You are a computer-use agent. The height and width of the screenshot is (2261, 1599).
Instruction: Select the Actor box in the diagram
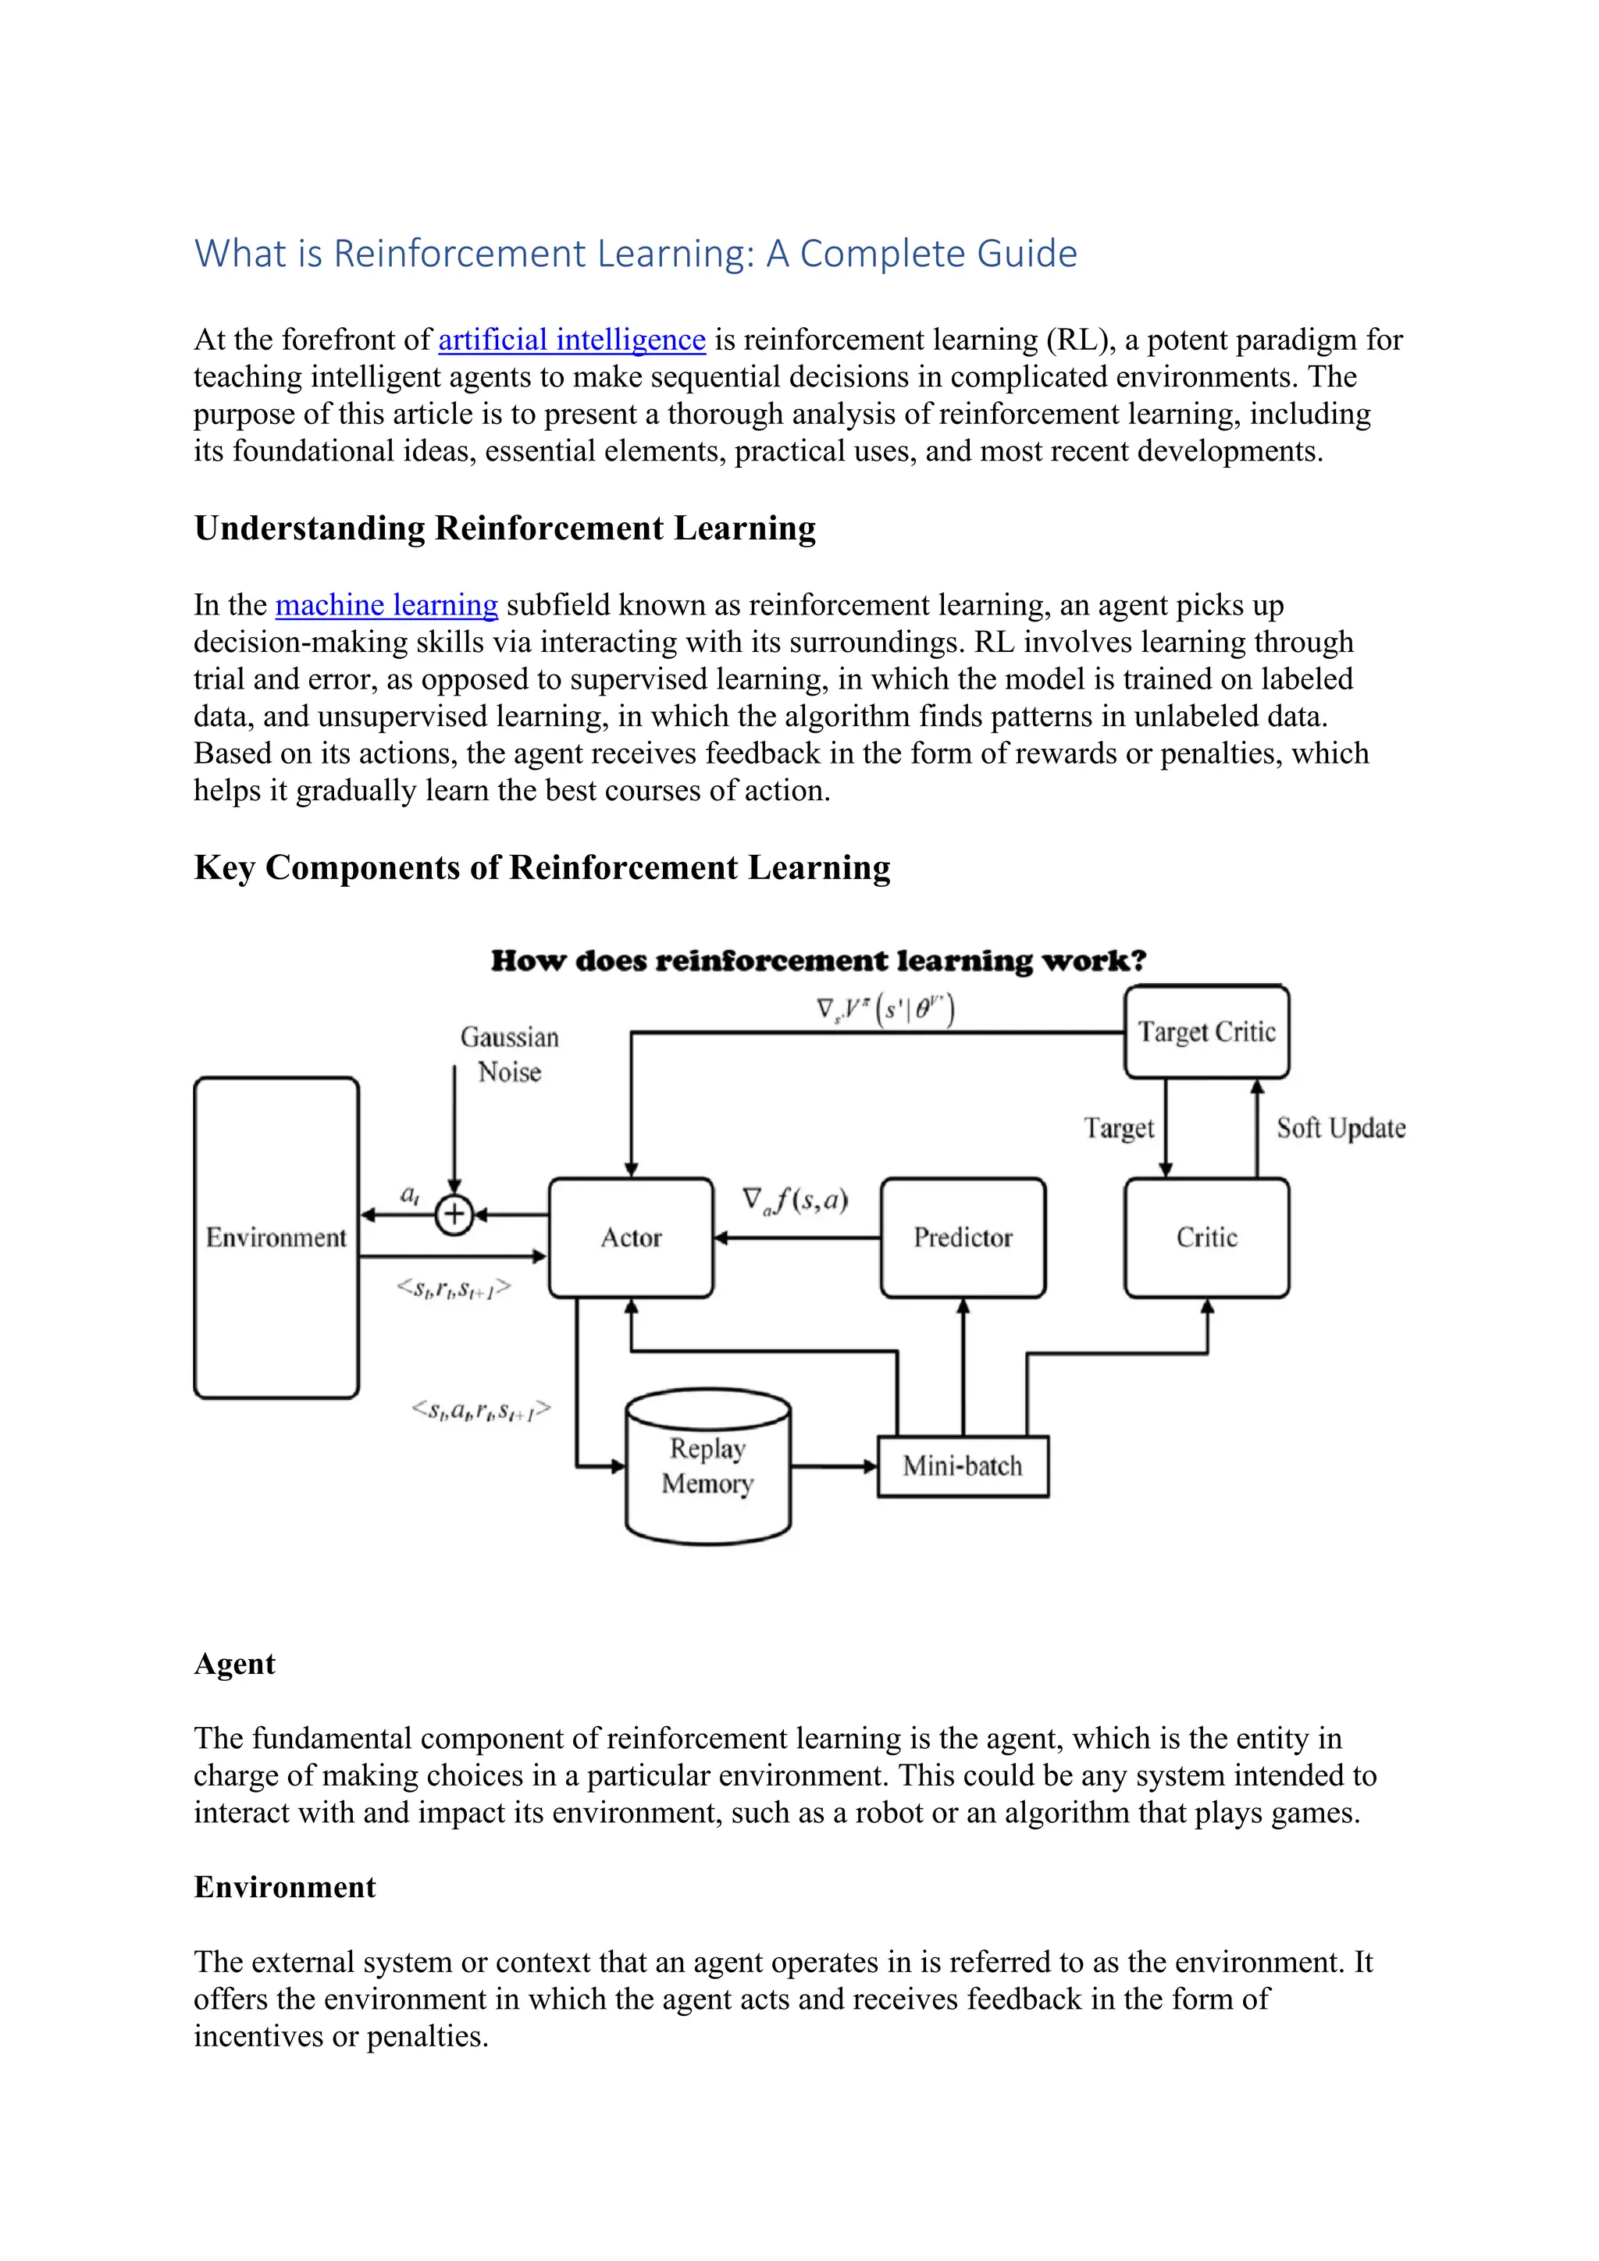(x=630, y=1237)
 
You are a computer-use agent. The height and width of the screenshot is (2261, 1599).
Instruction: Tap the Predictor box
(x=962, y=1237)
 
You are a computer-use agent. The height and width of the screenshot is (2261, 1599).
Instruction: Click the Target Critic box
(x=1206, y=1032)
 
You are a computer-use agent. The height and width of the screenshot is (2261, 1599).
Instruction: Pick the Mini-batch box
(x=962, y=1466)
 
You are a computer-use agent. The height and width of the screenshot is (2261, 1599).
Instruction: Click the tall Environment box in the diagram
(x=276, y=1237)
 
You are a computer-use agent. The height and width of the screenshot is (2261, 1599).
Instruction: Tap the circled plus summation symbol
(x=454, y=1214)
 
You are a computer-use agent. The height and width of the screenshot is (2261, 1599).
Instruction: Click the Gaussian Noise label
(x=509, y=1054)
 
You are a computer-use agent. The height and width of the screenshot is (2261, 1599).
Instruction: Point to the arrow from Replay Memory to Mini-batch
(x=833, y=1466)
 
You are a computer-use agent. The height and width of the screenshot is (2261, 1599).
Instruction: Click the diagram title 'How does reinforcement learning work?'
(x=818, y=961)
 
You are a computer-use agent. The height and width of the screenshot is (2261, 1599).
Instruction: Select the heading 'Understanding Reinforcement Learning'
(x=504, y=529)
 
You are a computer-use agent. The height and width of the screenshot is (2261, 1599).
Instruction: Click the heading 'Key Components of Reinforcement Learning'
(x=542, y=867)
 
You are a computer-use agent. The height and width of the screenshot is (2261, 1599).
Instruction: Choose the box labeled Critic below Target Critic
(x=1206, y=1237)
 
